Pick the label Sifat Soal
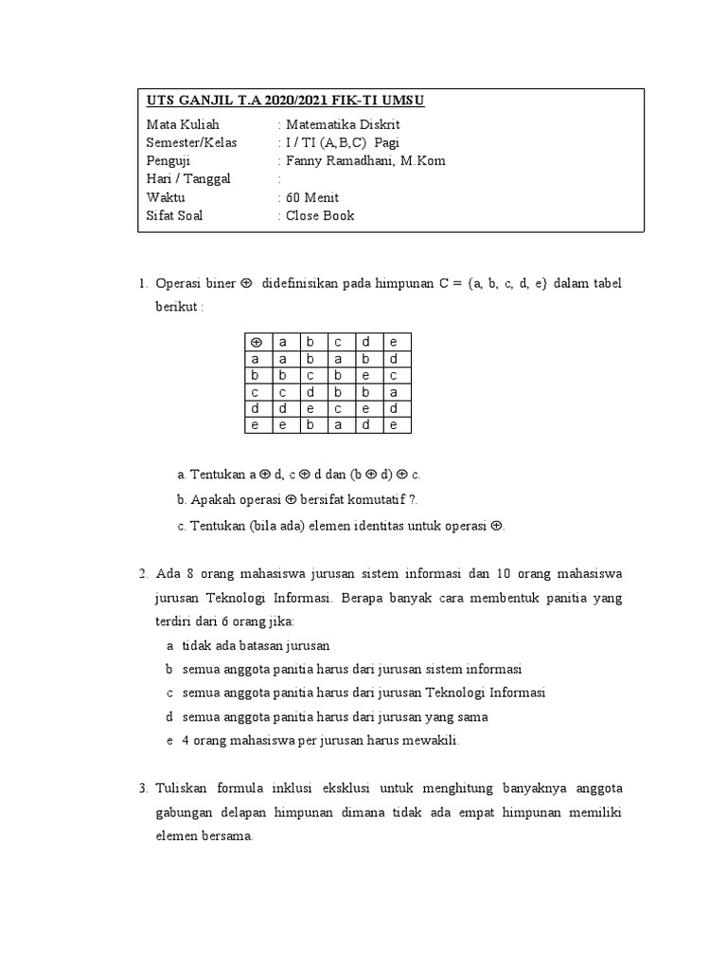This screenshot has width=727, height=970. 175,215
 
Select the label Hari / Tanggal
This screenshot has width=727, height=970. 188,179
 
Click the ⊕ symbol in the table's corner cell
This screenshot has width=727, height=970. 256,342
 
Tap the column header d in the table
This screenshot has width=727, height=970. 365,342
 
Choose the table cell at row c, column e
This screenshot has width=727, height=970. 393,392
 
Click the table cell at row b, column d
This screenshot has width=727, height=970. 365,375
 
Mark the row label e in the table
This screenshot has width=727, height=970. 256,425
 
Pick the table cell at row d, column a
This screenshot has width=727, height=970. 283,408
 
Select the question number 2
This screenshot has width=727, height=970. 142,574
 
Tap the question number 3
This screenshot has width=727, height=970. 142,788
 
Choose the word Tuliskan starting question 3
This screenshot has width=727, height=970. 182,788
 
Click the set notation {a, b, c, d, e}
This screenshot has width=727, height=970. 506,283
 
